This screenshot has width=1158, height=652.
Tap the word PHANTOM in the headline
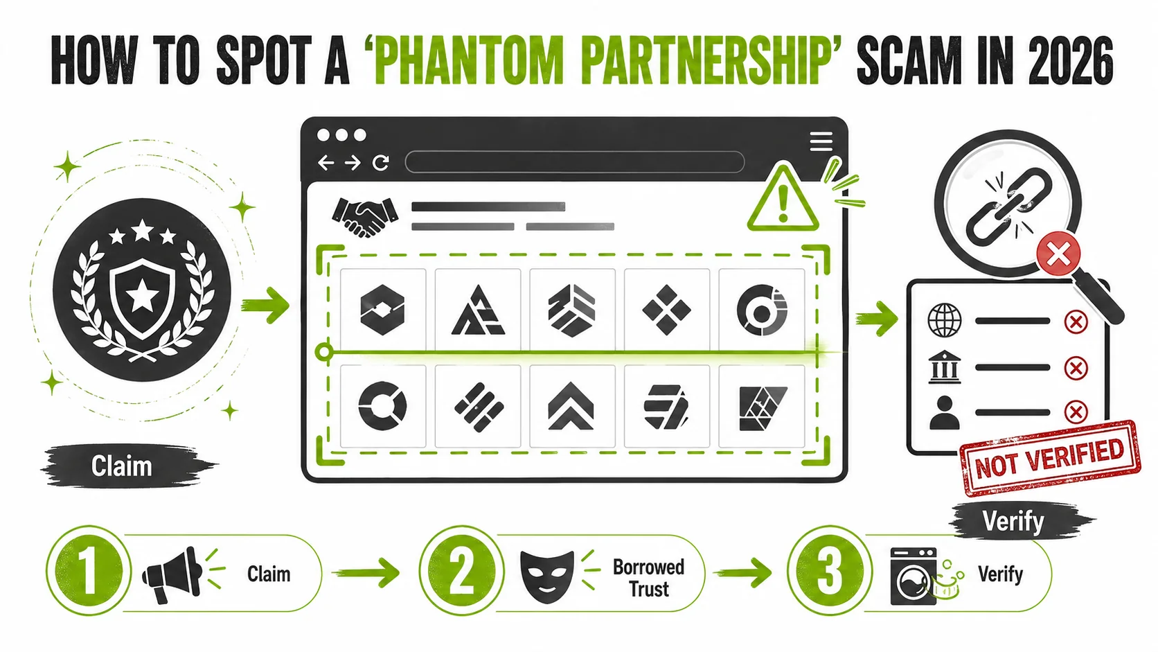point(469,61)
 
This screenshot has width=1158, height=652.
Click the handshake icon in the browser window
point(365,216)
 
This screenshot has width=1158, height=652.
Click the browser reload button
point(381,163)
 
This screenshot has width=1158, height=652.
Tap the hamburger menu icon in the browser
point(821,141)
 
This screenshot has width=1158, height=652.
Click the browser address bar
point(574,162)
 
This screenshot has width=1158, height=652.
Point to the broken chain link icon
point(1008,206)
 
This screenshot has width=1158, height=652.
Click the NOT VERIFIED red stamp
point(1049,458)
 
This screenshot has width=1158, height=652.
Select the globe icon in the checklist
point(945,321)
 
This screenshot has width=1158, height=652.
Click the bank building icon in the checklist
point(945,367)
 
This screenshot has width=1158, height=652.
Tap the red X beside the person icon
point(1076,412)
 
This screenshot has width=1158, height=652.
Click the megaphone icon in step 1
point(173,574)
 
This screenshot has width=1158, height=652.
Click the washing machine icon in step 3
point(914,576)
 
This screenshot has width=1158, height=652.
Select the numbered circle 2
point(461,571)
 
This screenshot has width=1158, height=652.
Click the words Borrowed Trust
point(649,578)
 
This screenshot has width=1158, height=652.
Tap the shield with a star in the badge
point(142,299)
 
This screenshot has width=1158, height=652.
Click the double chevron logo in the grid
point(571,407)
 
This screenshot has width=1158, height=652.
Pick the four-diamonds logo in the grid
point(666,310)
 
